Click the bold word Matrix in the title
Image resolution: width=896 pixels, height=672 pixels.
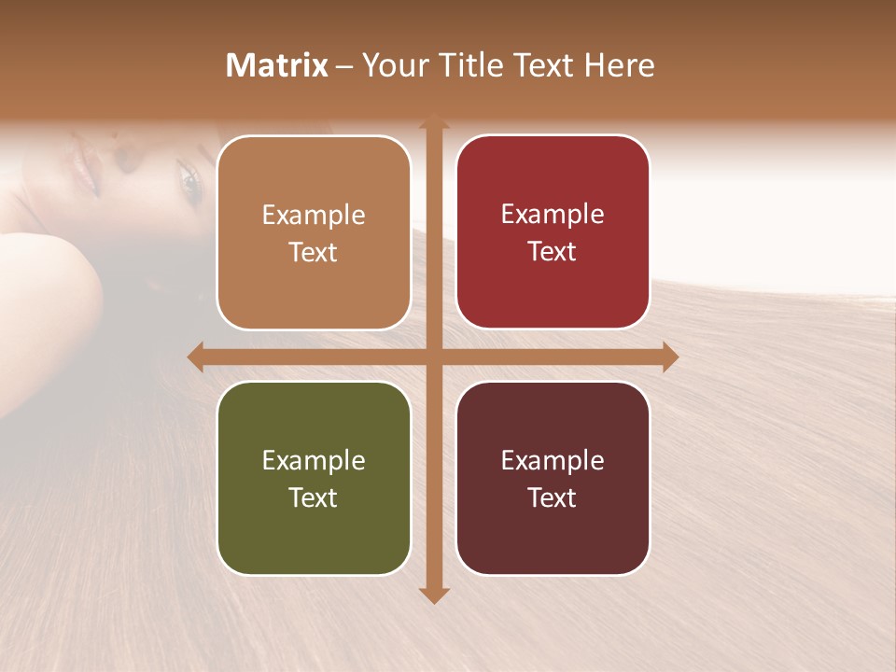click(x=277, y=65)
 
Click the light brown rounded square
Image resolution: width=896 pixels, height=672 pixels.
click(x=314, y=232)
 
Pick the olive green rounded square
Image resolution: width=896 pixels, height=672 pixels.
click(x=314, y=478)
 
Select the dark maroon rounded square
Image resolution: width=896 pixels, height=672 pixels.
click(x=553, y=478)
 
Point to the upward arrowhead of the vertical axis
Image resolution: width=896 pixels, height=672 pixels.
click(x=432, y=122)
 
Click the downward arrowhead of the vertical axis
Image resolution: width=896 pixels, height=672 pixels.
click(x=432, y=595)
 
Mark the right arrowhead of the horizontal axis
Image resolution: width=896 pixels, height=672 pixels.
click(x=669, y=357)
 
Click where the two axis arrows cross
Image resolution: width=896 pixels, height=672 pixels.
click(x=432, y=357)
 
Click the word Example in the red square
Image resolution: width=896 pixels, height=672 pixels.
click(x=553, y=214)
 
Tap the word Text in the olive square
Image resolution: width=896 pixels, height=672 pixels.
click(x=313, y=497)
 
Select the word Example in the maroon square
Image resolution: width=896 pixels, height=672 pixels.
click(x=553, y=460)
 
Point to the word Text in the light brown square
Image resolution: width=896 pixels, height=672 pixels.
click(x=313, y=253)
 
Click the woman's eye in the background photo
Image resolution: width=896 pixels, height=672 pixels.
click(x=189, y=182)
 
